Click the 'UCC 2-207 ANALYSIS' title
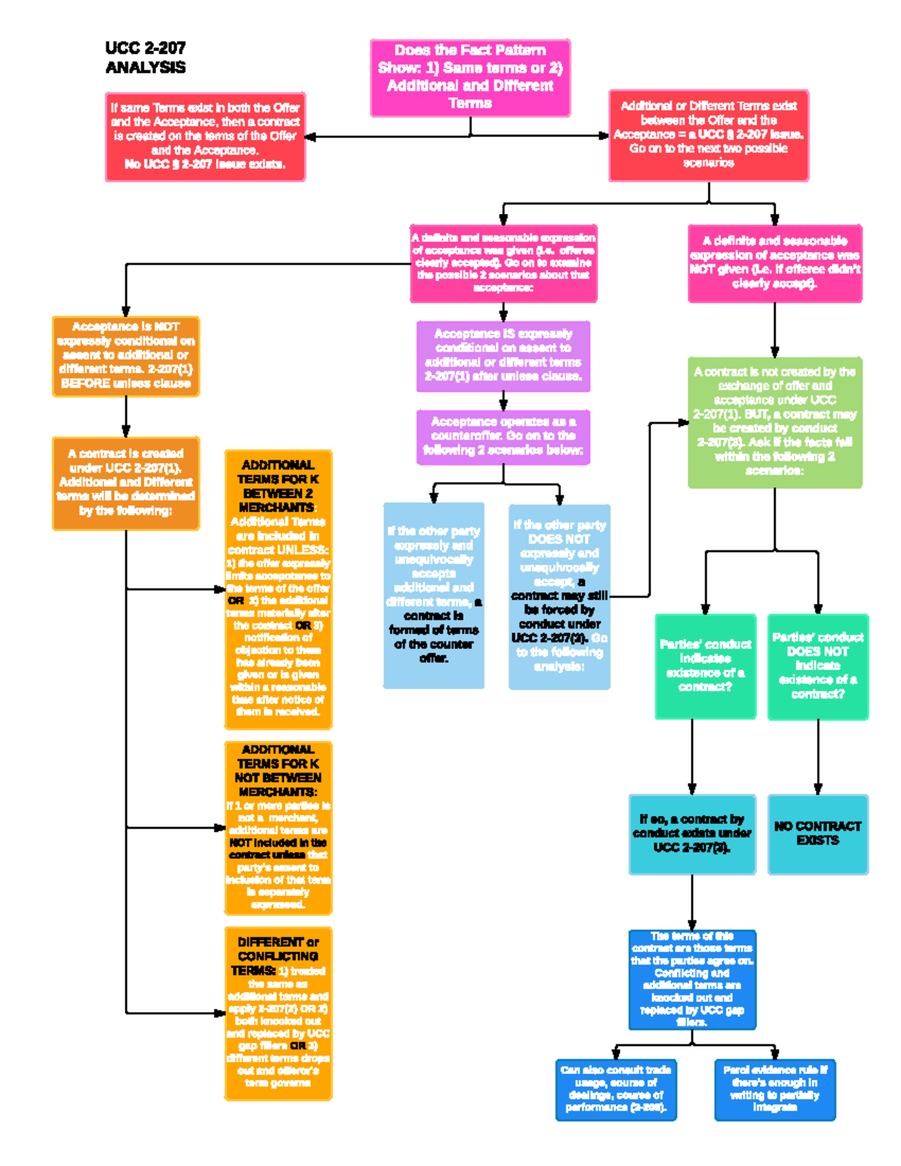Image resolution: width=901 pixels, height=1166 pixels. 146,58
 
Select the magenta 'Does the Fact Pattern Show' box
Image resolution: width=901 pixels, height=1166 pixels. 470,77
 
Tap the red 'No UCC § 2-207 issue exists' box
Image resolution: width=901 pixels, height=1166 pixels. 205,137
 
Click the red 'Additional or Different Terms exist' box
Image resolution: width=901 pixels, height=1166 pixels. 708,135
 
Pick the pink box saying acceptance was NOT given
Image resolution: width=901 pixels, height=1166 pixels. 775,263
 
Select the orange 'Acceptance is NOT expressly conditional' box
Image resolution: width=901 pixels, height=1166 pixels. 126,356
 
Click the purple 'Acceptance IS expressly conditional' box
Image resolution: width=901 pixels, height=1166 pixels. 503,356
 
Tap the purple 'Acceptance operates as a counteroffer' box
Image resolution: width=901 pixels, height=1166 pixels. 503,436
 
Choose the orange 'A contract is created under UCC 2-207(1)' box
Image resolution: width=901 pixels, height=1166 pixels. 126,483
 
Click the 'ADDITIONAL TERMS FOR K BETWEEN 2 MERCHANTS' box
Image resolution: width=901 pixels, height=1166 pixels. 278,589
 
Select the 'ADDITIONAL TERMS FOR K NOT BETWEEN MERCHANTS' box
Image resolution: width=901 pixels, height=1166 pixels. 278,827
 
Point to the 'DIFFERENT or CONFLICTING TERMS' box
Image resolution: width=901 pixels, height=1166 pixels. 278,1013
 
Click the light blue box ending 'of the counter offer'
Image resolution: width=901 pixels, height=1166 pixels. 433,595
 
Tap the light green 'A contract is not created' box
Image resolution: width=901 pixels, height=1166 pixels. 775,422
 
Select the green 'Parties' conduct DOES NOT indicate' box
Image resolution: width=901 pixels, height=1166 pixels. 818,666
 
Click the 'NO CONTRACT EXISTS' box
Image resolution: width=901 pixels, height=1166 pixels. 818,833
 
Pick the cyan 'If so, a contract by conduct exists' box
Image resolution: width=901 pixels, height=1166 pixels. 692,833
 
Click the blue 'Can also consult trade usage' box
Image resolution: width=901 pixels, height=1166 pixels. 616,1089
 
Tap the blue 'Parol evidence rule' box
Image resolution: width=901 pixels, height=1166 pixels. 775,1089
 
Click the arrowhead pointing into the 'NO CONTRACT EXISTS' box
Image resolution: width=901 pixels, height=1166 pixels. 818,788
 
